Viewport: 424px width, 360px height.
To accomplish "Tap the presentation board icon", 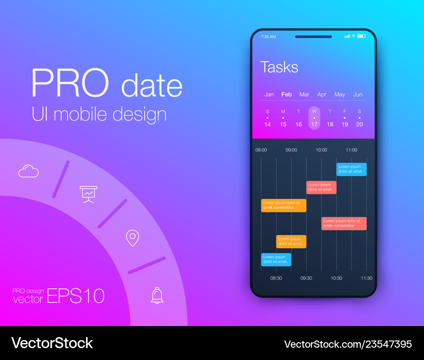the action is click(89, 194).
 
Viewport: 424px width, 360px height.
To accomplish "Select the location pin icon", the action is click(132, 238).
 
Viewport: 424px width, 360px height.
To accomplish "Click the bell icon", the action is click(157, 296).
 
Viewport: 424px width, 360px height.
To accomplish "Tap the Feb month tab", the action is click(286, 95).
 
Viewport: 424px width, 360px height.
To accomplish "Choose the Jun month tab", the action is click(358, 95).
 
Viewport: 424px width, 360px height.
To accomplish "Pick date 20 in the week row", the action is click(360, 124).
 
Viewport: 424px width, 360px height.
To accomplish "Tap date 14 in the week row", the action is click(268, 124).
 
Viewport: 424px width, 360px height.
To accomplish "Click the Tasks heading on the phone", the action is click(279, 67).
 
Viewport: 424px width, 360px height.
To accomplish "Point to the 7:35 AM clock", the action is click(268, 36).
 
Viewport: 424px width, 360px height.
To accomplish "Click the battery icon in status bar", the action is click(362, 36).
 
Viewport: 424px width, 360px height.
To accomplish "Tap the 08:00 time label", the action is click(261, 150).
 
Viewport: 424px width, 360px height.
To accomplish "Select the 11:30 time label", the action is click(367, 278).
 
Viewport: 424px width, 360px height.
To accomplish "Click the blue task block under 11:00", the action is click(351, 169).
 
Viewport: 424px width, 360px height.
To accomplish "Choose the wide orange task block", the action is click(284, 205).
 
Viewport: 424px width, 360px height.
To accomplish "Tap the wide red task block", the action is click(344, 223).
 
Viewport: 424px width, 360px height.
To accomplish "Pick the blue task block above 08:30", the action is click(276, 260).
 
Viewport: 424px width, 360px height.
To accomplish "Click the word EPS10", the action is click(76, 296).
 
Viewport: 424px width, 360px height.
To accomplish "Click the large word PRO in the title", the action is click(70, 83).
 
